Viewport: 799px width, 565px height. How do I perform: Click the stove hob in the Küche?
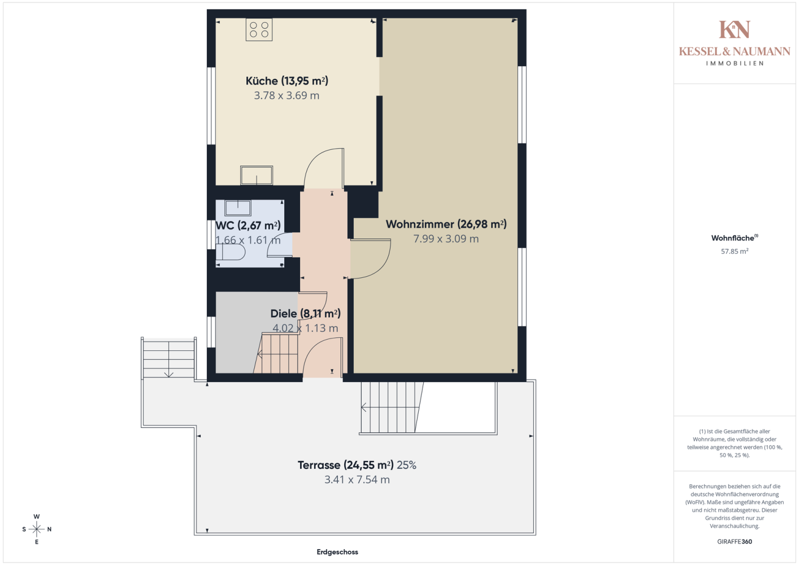pos(259,29)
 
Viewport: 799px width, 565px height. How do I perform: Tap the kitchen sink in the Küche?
pos(257,175)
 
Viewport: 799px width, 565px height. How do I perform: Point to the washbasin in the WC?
pos(237,207)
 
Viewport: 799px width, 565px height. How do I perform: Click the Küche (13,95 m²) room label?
pos(287,81)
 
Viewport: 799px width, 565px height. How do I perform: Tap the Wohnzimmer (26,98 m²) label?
pos(446,224)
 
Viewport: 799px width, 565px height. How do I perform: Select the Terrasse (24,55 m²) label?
pos(346,465)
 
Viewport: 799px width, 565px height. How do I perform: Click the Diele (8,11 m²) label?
pos(305,314)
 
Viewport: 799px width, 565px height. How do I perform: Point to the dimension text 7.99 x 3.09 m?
pos(446,238)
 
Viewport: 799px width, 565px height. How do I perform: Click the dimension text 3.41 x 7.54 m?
pos(357,480)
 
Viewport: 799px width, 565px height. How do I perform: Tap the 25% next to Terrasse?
pos(407,465)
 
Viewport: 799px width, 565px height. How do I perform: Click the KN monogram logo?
pos(735,29)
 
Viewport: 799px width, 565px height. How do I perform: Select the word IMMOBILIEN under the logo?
pos(735,63)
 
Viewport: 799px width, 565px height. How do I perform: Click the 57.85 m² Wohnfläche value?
pos(735,251)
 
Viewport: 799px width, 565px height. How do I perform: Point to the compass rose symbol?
pos(37,529)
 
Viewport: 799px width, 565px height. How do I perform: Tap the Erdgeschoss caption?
pos(337,552)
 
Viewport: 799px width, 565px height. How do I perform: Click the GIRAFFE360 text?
pos(735,541)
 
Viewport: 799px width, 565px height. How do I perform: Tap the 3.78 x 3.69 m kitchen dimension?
pos(286,95)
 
